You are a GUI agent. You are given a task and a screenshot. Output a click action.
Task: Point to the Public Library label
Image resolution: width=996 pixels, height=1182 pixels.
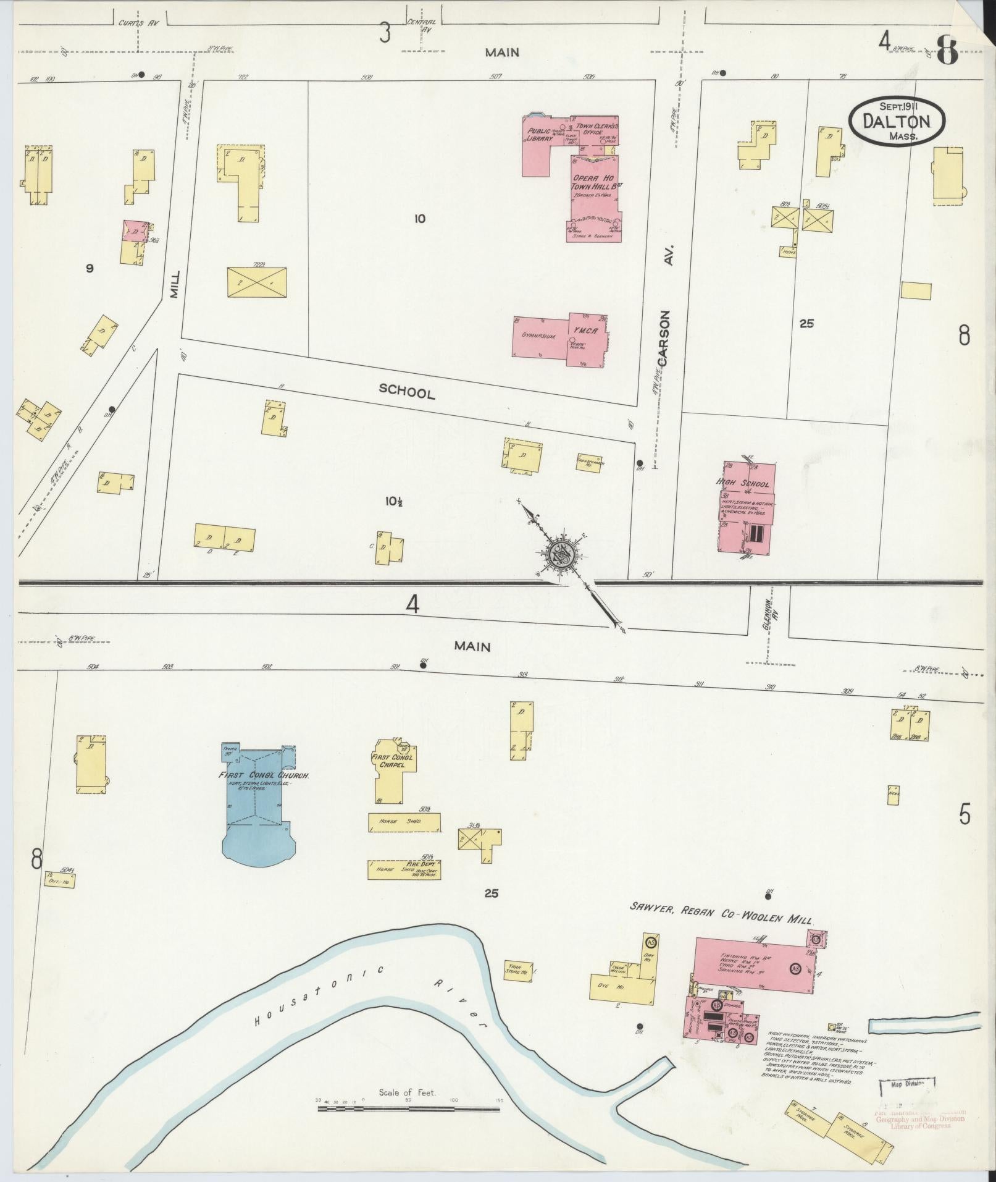tap(540, 135)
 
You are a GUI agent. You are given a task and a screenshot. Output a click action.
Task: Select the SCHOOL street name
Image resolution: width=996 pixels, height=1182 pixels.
tap(406, 391)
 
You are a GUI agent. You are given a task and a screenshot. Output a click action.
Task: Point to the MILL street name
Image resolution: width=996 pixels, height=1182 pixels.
tap(175, 284)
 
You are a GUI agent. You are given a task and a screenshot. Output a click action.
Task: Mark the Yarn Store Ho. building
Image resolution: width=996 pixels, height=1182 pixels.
tap(517, 969)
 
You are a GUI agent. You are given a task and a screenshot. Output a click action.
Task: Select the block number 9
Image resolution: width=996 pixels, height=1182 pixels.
tap(90, 268)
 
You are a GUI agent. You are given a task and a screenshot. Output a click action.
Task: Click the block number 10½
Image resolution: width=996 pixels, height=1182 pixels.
tap(388, 502)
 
